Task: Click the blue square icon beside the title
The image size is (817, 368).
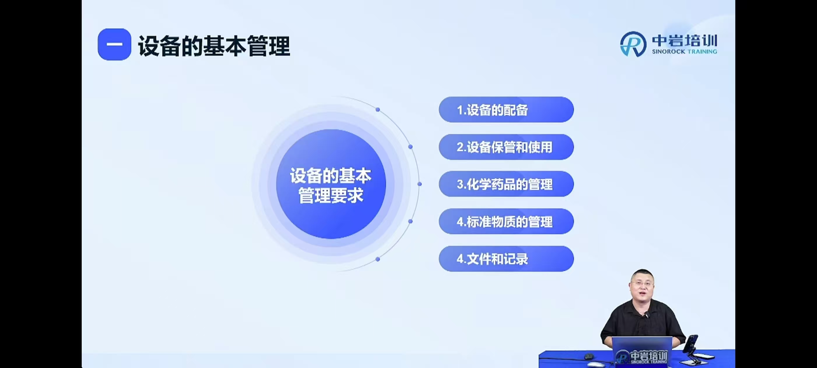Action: [x=114, y=44]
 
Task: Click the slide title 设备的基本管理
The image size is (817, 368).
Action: [x=214, y=46]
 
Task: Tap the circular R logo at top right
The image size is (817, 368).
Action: [x=633, y=44]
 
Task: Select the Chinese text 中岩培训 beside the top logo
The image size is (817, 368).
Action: [x=685, y=41]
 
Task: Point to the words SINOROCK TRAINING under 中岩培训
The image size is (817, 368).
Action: [x=685, y=51]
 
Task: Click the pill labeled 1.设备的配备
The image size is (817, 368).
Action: [x=506, y=110]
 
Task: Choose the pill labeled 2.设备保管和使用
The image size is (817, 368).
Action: [x=506, y=147]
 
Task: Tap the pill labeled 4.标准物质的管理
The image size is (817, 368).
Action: [x=506, y=221]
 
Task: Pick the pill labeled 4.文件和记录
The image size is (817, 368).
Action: [x=506, y=259]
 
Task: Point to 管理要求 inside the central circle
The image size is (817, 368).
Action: [x=331, y=195]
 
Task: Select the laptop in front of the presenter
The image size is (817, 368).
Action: [x=642, y=351]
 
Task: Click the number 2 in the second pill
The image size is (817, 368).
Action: [x=460, y=147]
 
